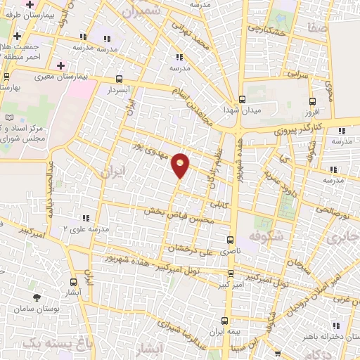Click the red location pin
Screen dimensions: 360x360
[x=181, y=165]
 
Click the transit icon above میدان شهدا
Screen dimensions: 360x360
[x=242, y=98]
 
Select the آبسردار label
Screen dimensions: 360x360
[x=119, y=91]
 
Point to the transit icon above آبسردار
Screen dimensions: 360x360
[x=119, y=79]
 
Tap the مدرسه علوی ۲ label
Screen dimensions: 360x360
[x=86, y=229]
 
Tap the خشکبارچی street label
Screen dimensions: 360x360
[x=264, y=29]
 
